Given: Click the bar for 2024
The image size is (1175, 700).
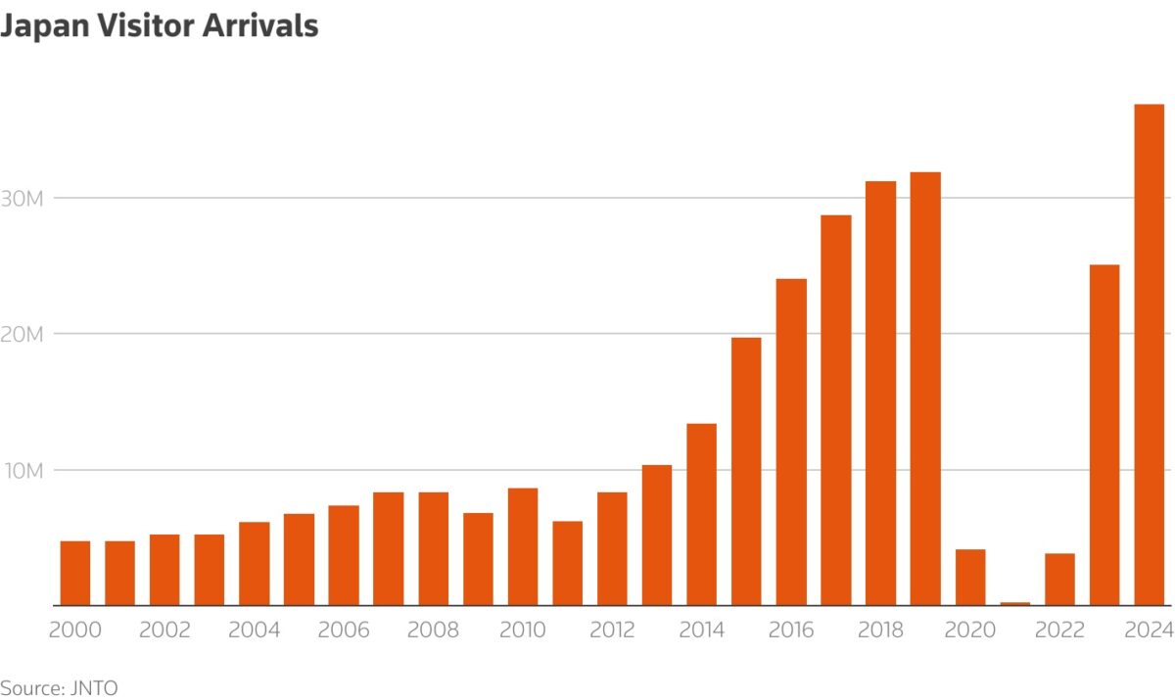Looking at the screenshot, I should [1149, 354].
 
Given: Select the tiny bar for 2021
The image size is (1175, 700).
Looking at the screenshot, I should [1014, 603].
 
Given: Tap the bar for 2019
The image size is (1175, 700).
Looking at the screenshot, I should [925, 389].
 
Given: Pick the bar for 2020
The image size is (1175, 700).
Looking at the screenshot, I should [970, 577].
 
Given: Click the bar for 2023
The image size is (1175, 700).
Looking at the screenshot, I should [1104, 435].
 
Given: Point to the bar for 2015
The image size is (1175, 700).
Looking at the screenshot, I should [746, 471].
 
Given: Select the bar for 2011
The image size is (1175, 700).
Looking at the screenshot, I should [567, 563].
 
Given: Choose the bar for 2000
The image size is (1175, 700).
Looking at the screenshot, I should [75, 573].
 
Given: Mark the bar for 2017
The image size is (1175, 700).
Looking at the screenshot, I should [835, 410].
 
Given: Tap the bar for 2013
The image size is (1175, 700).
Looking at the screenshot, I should [657, 535].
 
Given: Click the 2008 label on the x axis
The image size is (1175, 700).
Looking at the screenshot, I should [433, 630].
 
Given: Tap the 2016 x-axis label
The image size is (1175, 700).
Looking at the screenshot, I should [790, 630].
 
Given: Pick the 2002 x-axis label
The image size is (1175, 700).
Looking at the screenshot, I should [164, 630].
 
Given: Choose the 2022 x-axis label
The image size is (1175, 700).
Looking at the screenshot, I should [1058, 630].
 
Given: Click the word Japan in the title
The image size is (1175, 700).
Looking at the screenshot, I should [42, 26].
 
